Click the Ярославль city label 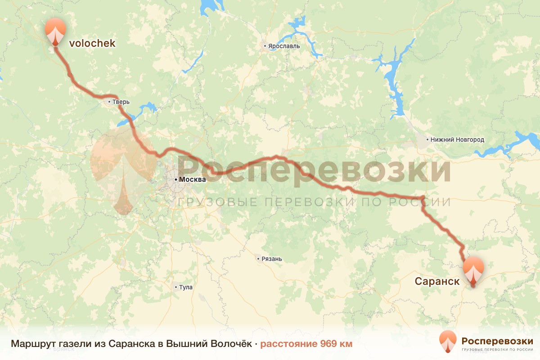pos(284,46)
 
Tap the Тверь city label pos(121,102)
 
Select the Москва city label pos(192,179)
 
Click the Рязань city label pos(272,259)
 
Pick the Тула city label pos(185,287)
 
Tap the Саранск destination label pos(437,282)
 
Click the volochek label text pos(92,43)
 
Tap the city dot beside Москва pos(176,180)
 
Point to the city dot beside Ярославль pos(265,46)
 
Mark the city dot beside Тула pos(176,287)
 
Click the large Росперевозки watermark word pos(315,169)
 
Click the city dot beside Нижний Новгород pos(428,140)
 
